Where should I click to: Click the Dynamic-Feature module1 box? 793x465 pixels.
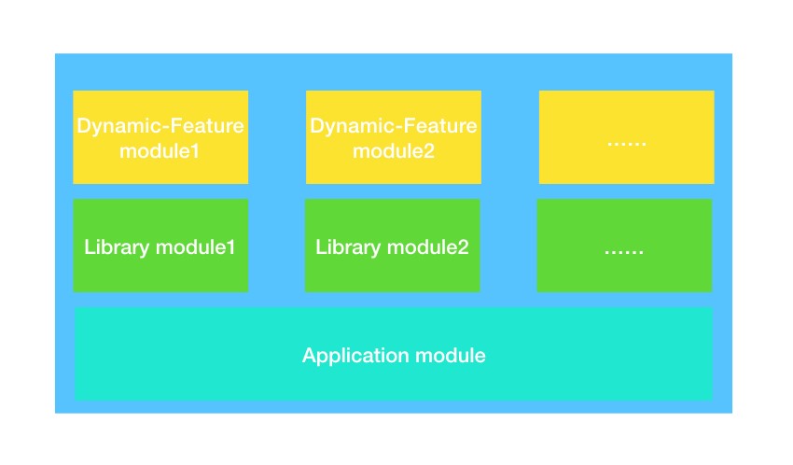click(160, 137)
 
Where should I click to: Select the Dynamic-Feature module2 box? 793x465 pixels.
click(394, 137)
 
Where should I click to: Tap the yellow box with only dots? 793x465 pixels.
click(627, 137)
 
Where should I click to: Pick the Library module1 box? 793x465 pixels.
click(160, 246)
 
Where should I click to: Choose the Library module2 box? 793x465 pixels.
click(393, 246)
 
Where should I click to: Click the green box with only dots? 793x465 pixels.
click(624, 246)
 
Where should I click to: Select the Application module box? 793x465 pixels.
click(394, 354)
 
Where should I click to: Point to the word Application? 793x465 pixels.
click(355, 356)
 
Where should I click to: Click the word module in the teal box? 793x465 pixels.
click(450, 355)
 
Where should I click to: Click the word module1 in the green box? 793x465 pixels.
click(196, 247)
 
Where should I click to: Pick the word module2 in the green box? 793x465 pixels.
click(428, 247)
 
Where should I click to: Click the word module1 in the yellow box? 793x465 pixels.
click(160, 150)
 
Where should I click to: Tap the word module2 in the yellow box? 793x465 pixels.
click(394, 150)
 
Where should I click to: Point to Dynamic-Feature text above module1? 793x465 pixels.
click(160, 126)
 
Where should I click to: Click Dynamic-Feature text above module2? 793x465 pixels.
click(394, 126)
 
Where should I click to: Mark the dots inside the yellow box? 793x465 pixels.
click(627, 144)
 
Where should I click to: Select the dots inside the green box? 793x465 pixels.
click(624, 251)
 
